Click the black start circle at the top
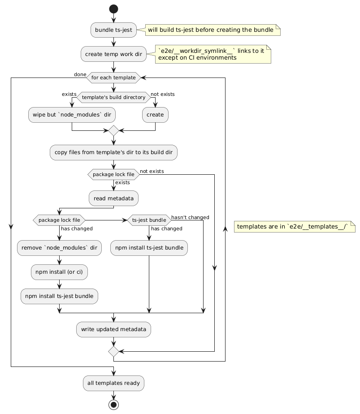(113, 9)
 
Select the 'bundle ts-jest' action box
(113, 30)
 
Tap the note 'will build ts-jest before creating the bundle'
(213, 30)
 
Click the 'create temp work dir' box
(113, 54)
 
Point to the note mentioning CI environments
(213, 54)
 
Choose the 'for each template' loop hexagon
(113, 78)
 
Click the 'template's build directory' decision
(113, 97)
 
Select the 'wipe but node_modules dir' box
(72, 115)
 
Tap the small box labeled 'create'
(155, 115)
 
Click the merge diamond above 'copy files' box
(113, 131)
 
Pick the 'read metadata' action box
(113, 198)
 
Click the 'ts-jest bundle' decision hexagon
(149, 220)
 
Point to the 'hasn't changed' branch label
(190, 217)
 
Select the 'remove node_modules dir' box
(60, 248)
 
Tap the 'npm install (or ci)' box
(60, 272)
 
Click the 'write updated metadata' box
(113, 329)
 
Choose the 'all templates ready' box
(113, 384)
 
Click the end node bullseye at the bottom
(113, 405)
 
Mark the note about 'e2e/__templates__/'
(295, 227)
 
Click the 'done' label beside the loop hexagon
(80, 74)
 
